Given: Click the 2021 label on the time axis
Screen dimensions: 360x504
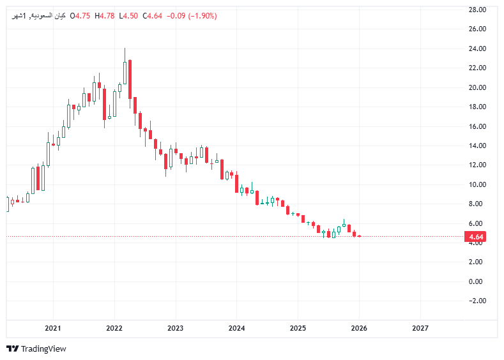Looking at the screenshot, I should point(52,328).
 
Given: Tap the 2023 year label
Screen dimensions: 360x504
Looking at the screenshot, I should point(175,328).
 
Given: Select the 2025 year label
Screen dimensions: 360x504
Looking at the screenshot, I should point(298,328).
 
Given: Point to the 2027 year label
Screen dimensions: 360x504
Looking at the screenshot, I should point(420,328).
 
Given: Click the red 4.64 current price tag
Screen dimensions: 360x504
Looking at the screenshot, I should point(476,237).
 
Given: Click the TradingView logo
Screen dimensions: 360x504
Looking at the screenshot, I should point(36,349).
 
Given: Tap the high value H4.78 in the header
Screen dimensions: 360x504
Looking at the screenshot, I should point(104,16).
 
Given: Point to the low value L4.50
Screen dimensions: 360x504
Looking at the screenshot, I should point(128,16).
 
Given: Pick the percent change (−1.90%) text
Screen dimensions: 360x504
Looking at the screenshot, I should point(202,16).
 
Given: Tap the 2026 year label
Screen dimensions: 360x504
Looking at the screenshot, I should point(359,328).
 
